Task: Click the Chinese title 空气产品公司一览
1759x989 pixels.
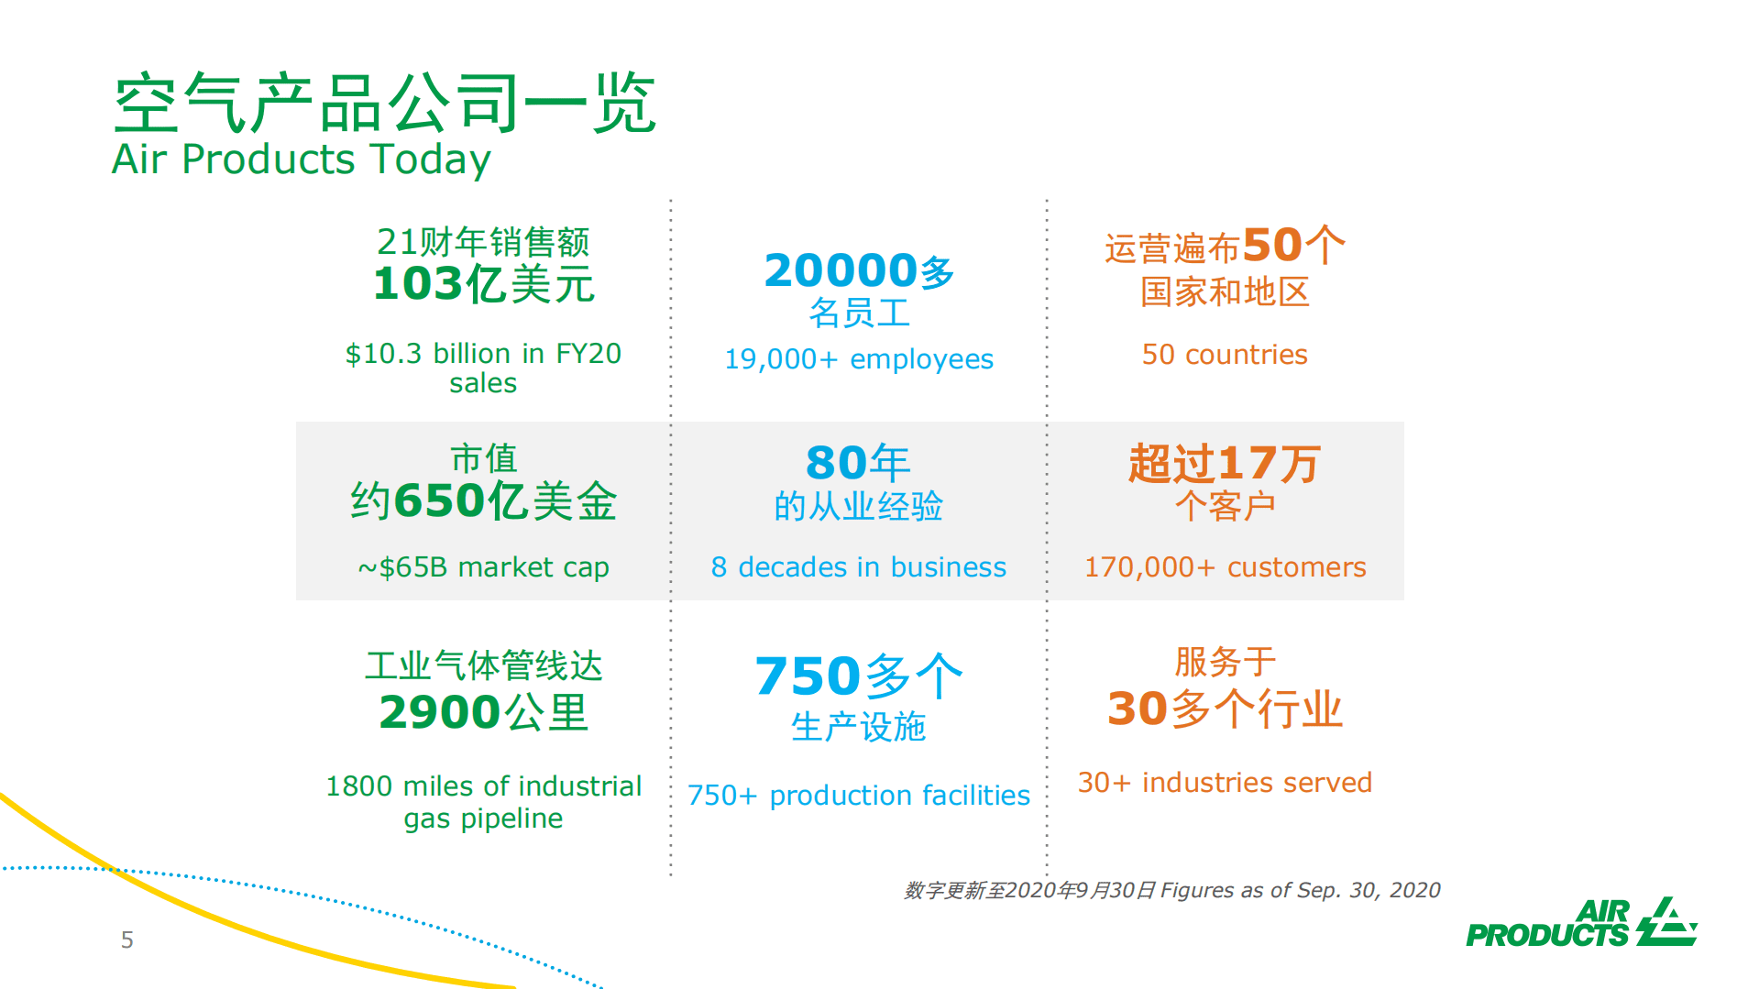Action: pyautogui.click(x=384, y=103)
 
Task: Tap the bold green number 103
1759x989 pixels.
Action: pyautogui.click(x=417, y=283)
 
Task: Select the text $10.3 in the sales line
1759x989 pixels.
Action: pyautogui.click(x=383, y=354)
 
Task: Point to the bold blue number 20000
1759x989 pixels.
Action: pyautogui.click(x=840, y=271)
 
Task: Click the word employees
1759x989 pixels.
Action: pyautogui.click(x=921, y=359)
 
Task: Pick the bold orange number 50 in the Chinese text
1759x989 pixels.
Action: pyautogui.click(x=1271, y=246)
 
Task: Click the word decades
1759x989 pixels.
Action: pyautogui.click(x=792, y=567)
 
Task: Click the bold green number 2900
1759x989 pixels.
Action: pyautogui.click(x=439, y=712)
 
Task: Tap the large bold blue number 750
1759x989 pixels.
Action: pyautogui.click(x=808, y=676)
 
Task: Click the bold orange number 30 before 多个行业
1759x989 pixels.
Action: pyautogui.click(x=1137, y=709)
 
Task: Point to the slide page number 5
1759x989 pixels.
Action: pyautogui.click(x=127, y=940)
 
